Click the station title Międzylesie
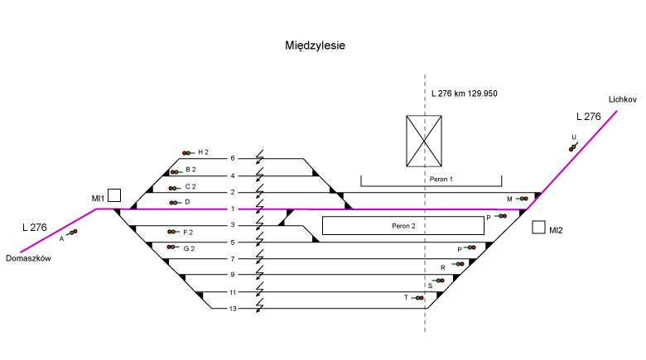pyautogui.click(x=314, y=46)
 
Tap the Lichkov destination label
pyautogui.click(x=621, y=99)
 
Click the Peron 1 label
pyautogui.click(x=441, y=179)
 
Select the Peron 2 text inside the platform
pyautogui.click(x=403, y=225)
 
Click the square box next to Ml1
pyautogui.click(x=114, y=195)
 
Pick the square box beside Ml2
pyautogui.click(x=538, y=227)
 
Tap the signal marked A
pyautogui.click(x=72, y=233)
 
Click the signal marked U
pyautogui.click(x=572, y=146)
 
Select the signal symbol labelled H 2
pyautogui.click(x=187, y=153)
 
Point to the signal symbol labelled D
pyautogui.click(x=174, y=203)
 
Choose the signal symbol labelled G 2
pyautogui.click(x=172, y=247)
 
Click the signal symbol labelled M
pyautogui.click(x=523, y=199)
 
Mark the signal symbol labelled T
pyautogui.click(x=418, y=298)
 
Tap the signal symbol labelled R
pyautogui.click(x=459, y=265)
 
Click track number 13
pyautogui.click(x=233, y=310)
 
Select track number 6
pyautogui.click(x=233, y=159)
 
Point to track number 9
pyautogui.click(x=233, y=276)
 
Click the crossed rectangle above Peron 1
pyautogui.click(x=426, y=141)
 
